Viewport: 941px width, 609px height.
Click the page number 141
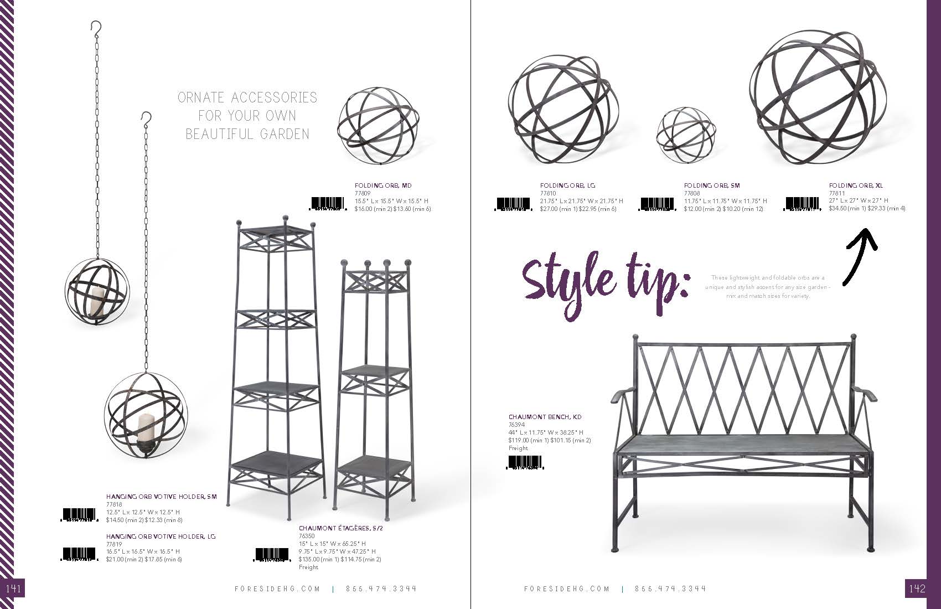(13, 589)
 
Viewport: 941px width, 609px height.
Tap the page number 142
(917, 589)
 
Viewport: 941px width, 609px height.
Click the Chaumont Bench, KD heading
(545, 417)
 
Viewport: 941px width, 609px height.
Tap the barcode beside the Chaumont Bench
(525, 463)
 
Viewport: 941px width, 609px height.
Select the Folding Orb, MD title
(383, 185)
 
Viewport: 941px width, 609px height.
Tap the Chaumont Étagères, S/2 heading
(341, 528)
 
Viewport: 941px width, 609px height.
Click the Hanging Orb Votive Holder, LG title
(161, 536)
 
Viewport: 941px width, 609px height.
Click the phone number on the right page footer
(670, 589)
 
